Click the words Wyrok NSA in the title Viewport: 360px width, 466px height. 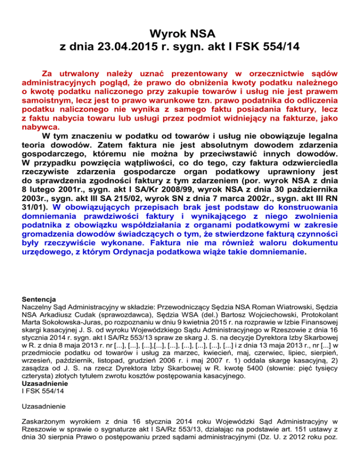point(180,33)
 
